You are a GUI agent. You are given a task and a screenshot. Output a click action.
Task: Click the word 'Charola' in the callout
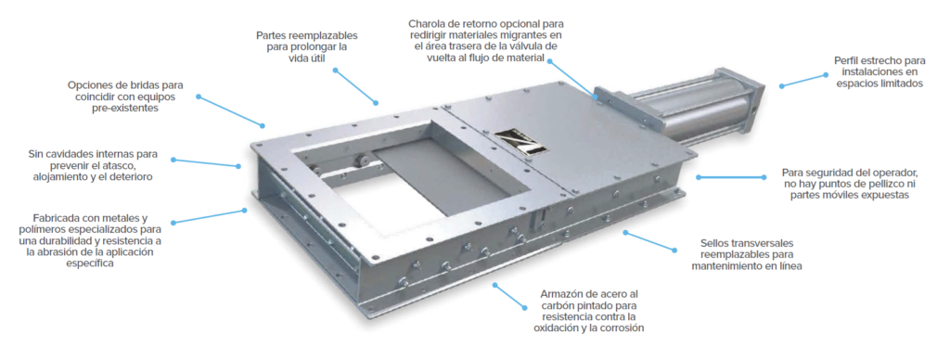pos(427,24)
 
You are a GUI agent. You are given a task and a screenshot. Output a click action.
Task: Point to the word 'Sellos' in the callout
pos(714,242)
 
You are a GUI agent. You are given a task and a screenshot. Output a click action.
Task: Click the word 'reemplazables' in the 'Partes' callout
pos(320,34)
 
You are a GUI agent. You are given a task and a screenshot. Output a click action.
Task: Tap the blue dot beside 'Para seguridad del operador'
pos(699,177)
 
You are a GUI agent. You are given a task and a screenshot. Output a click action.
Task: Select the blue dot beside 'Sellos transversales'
pos(674,249)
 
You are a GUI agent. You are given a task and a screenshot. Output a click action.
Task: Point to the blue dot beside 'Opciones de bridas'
pos(199,96)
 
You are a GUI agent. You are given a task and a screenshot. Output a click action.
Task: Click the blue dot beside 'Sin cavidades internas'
pos(173,160)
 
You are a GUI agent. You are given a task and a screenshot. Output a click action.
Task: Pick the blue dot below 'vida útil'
pos(335,71)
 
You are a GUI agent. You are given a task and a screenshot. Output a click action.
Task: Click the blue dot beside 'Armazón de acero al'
pos(524,307)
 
